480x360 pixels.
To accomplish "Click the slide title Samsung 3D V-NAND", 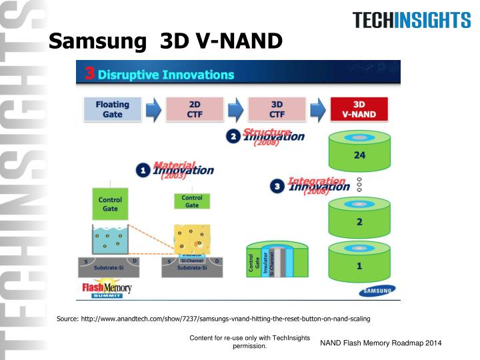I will coord(166,43).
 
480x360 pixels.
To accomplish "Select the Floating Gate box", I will coord(113,109).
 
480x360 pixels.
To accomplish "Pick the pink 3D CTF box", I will coord(276,109).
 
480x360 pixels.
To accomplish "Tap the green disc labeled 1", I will coord(359,264).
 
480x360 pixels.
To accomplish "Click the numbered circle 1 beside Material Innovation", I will coord(143,171).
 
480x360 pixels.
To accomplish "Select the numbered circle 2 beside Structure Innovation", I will coord(233,137).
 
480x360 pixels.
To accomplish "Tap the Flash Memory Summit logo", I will coord(107,289).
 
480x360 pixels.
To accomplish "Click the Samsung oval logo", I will coord(377,290).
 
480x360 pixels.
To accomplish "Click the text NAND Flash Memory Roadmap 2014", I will coord(381,343).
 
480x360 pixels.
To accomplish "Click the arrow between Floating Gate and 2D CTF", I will coord(154,110).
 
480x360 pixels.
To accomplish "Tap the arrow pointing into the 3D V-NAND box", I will coord(319,110).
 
